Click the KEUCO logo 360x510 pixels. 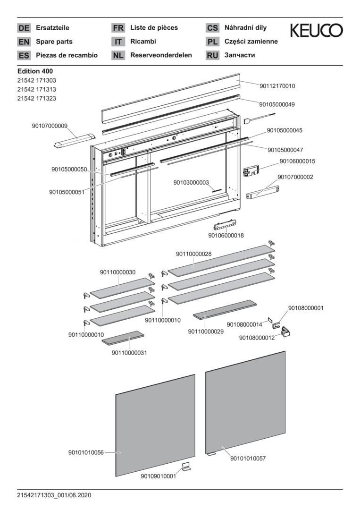coord(316,31)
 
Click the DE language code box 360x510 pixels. coord(24,28)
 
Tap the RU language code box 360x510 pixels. coord(212,56)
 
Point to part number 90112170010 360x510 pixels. coord(277,86)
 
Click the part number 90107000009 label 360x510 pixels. coord(50,126)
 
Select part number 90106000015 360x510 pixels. coord(297,161)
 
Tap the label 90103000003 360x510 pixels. coord(191,182)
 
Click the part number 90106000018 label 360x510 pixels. coord(226,235)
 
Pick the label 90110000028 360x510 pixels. coord(194,254)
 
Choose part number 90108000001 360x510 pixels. coord(306,308)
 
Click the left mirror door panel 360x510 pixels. coord(156,425)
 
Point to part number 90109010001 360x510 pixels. coord(159,476)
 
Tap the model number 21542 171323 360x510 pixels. coord(37,98)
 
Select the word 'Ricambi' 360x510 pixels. coord(143,42)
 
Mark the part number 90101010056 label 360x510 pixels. coord(86,452)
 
